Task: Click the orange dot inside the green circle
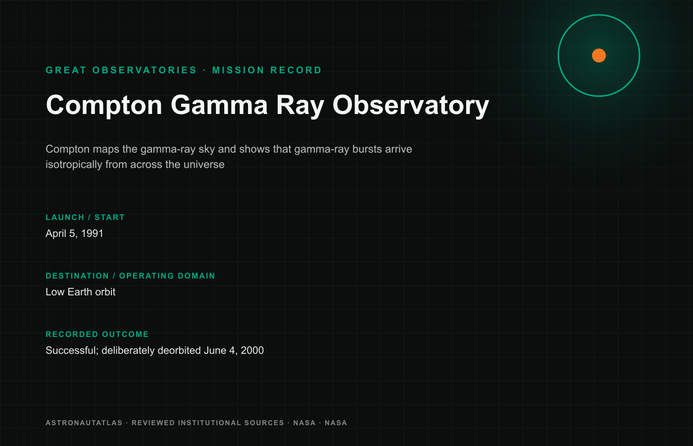pyautogui.click(x=598, y=56)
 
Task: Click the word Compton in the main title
pyautogui.click(x=104, y=106)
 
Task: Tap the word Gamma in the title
pyautogui.click(x=219, y=105)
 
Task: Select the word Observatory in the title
pyautogui.click(x=411, y=106)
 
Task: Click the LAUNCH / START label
pyautogui.click(x=85, y=218)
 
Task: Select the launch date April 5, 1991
pyautogui.click(x=74, y=233)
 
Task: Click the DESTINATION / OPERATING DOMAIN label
pyautogui.click(x=130, y=276)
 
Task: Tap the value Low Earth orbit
pyautogui.click(x=80, y=292)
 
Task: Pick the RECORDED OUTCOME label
pyautogui.click(x=97, y=334)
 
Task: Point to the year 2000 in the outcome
pyautogui.click(x=252, y=350)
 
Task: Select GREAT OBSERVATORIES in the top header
pyautogui.click(x=121, y=70)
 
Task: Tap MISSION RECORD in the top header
pyautogui.click(x=267, y=70)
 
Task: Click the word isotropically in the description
pyautogui.click(x=74, y=165)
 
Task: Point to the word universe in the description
pyautogui.click(x=204, y=165)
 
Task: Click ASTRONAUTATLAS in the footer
pyautogui.click(x=84, y=423)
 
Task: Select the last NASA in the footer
pyautogui.click(x=336, y=423)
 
